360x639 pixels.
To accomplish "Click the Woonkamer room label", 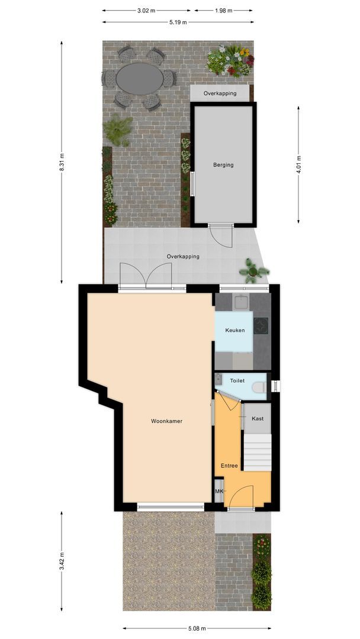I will (166, 421).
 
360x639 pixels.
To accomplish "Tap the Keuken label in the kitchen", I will (234, 331).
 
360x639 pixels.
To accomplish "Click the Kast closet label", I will (258, 418).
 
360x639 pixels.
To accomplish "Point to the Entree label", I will (229, 466).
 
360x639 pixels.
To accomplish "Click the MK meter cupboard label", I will (219, 492).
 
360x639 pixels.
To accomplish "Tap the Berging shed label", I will (223, 165).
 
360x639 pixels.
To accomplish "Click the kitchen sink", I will (241, 303).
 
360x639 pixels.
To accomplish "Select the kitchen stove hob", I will (261, 325).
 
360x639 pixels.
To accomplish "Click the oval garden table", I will (139, 78).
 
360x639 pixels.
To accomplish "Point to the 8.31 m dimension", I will (62, 162).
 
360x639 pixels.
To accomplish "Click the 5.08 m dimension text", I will (197, 628).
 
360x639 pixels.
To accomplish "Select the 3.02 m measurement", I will (146, 11).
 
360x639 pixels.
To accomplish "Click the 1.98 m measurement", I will (223, 11).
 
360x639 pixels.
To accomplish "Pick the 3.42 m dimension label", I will (62, 561).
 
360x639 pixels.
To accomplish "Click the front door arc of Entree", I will (242, 497).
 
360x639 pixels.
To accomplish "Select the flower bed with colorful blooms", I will (230, 61).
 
